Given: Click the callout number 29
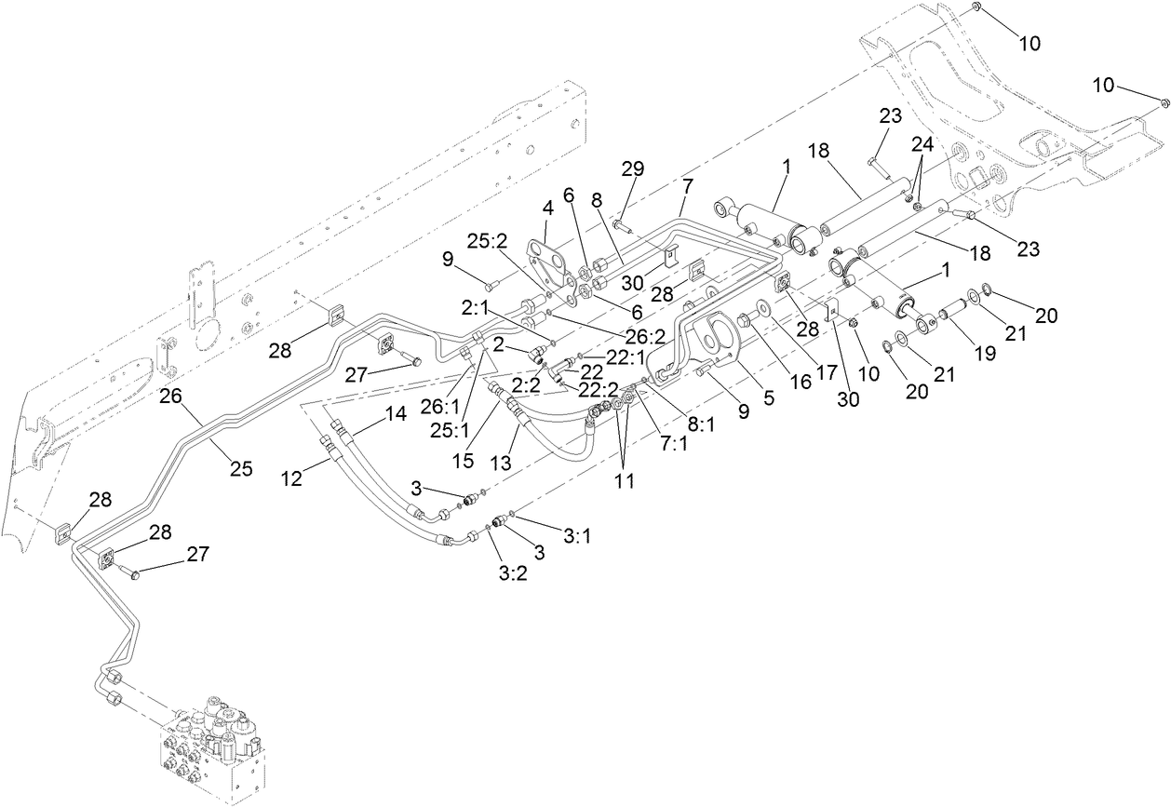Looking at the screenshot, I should [x=633, y=169].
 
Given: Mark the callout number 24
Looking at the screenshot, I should [x=922, y=145].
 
